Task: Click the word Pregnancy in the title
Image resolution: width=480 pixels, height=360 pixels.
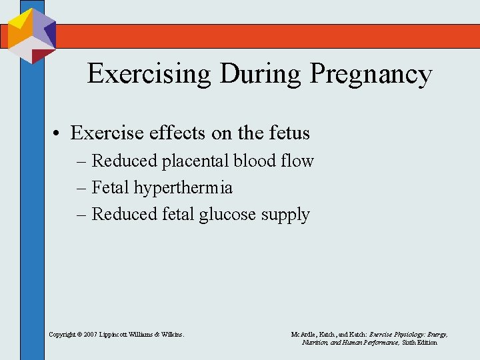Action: (x=370, y=74)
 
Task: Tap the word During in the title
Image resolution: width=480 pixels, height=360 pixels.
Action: (x=263, y=74)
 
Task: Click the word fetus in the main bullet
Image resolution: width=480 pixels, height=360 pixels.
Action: (x=289, y=133)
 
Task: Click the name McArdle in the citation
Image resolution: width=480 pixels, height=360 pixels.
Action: (x=303, y=333)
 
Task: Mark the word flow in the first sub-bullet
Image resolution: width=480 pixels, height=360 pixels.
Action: (x=299, y=161)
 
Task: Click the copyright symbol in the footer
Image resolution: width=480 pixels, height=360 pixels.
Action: (x=77, y=333)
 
